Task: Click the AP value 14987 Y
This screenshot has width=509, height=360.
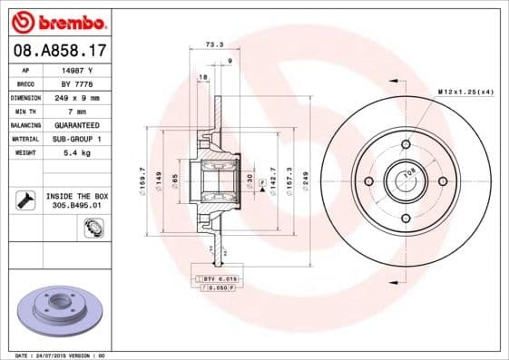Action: tap(76, 69)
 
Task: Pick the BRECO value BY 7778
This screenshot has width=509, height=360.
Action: tap(76, 83)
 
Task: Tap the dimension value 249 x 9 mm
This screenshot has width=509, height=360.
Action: tap(76, 97)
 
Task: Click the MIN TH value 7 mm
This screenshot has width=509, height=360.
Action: tap(76, 111)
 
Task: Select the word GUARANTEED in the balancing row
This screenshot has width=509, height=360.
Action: tap(76, 124)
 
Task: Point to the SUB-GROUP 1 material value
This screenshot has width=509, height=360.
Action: tap(76, 139)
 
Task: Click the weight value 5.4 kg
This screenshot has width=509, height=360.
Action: tap(76, 153)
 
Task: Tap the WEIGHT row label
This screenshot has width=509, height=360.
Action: tap(25, 153)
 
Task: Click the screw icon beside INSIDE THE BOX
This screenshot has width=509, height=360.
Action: tap(25, 200)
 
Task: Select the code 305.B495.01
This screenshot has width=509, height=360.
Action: tap(76, 205)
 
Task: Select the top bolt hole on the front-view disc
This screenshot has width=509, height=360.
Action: tap(406, 144)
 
